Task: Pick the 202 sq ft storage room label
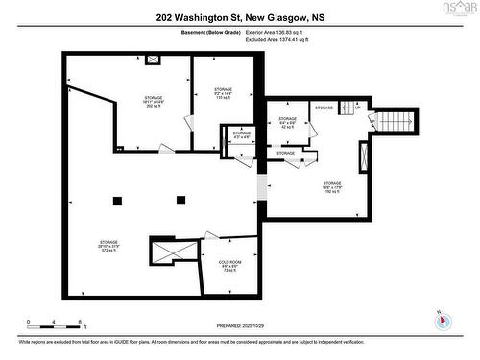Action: pos(154,103)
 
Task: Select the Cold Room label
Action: pos(228,266)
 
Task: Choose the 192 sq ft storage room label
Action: pos(332,187)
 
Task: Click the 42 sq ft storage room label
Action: pos(287,122)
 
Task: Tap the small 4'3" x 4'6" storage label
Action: pos(242,135)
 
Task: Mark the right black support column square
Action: pos(180,200)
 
